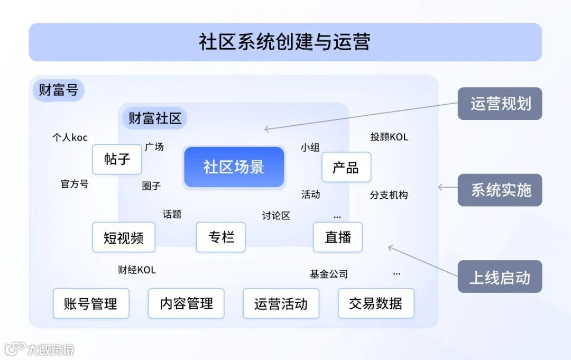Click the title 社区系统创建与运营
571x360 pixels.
coord(285,42)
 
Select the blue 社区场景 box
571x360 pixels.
coord(234,167)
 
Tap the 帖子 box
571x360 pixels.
coord(117,159)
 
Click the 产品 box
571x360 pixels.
coord(346,167)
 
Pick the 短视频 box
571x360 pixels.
coord(124,237)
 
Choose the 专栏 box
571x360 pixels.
coord(220,237)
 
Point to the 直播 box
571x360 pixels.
coord(338,237)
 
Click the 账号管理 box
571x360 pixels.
coord(91,303)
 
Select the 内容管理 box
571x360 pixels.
coord(186,303)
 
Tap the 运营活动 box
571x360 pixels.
coord(281,303)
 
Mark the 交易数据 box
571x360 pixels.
coord(376,303)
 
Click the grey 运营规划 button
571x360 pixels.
coord(500,104)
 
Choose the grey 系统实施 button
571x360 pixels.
coord(500,190)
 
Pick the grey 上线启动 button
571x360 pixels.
coord(500,276)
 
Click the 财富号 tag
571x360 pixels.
coord(59,90)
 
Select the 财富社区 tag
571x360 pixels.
coord(154,118)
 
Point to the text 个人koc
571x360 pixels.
coord(70,137)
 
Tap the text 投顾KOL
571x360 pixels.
coord(389,137)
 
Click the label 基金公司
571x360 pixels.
coord(329,274)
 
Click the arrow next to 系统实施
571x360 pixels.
coord(447,187)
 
